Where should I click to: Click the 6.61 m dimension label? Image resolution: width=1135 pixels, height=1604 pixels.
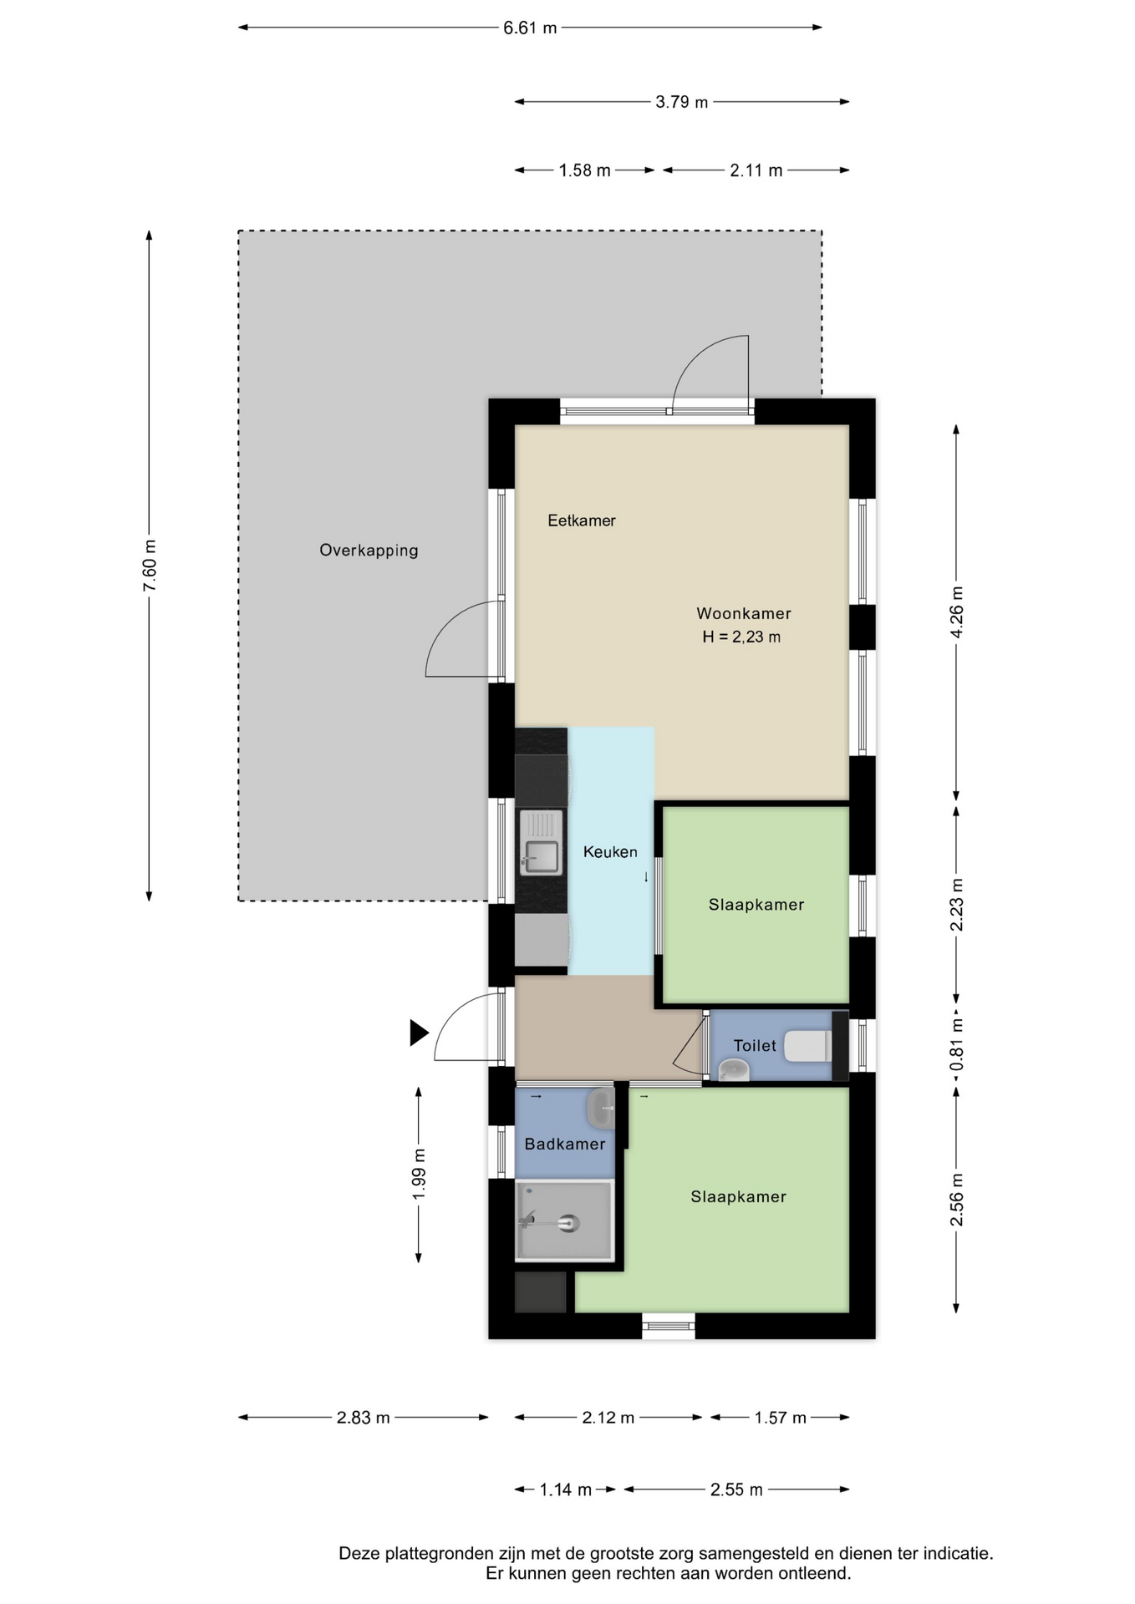click(x=530, y=28)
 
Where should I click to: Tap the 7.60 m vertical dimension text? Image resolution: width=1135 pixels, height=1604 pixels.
click(x=150, y=566)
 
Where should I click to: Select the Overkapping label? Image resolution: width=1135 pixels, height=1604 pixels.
click(x=369, y=551)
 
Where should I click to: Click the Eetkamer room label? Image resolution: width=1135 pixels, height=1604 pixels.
click(x=582, y=520)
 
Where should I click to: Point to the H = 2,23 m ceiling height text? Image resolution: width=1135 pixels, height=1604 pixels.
click(x=741, y=637)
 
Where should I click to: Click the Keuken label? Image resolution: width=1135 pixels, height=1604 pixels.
click(x=610, y=852)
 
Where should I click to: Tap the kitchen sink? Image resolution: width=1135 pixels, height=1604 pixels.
click(x=541, y=843)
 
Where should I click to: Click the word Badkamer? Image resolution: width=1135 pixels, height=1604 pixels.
click(x=565, y=1145)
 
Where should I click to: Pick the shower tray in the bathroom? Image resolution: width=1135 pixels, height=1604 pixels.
click(x=565, y=1221)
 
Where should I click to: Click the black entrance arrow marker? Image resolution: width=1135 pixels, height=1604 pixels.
click(x=419, y=1033)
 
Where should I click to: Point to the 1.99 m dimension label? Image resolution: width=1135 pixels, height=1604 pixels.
click(x=419, y=1174)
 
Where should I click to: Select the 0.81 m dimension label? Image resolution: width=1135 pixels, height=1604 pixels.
click(x=957, y=1044)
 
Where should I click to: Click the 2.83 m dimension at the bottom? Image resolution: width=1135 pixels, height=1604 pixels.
click(x=364, y=1418)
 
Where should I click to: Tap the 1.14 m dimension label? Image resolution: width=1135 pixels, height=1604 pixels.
click(x=566, y=1490)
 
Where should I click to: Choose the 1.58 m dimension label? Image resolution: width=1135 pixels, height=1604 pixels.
click(x=585, y=170)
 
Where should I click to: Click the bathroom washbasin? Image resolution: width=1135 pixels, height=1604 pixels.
click(x=601, y=1109)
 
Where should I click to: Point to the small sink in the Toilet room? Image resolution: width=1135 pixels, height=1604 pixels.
click(x=734, y=1069)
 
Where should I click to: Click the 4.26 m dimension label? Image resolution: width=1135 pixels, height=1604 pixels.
click(x=957, y=612)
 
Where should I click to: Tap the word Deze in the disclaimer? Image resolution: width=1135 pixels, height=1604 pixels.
click(x=359, y=1554)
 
